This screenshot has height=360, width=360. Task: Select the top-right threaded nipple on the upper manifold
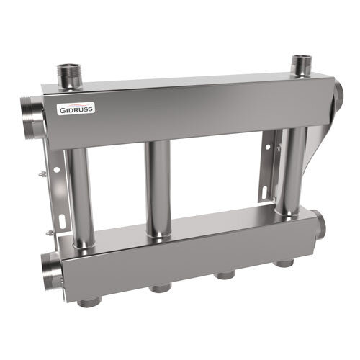click(300, 66)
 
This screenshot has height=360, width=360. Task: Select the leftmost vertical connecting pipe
click(81, 194)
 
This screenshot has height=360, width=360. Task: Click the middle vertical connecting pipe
click(160, 187)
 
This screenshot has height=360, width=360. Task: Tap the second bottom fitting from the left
click(158, 289)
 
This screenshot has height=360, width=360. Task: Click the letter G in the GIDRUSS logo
click(63, 111)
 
